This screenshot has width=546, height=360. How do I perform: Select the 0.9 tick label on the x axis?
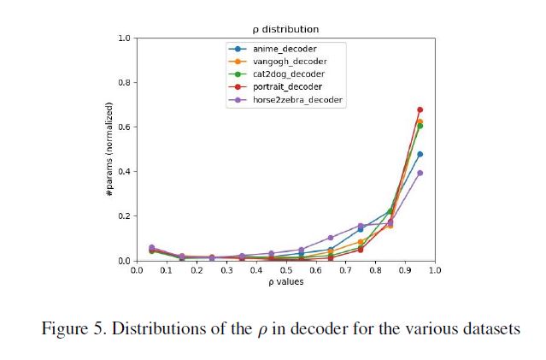coord(405,271)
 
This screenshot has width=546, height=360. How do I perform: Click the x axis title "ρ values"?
coord(285,282)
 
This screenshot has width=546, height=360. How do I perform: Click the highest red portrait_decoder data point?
coord(420,109)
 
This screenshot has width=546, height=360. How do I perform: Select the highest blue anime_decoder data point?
coord(420,154)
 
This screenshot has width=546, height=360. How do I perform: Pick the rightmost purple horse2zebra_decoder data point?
coord(420,173)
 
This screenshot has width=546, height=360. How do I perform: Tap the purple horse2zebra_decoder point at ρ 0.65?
coord(330,238)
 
